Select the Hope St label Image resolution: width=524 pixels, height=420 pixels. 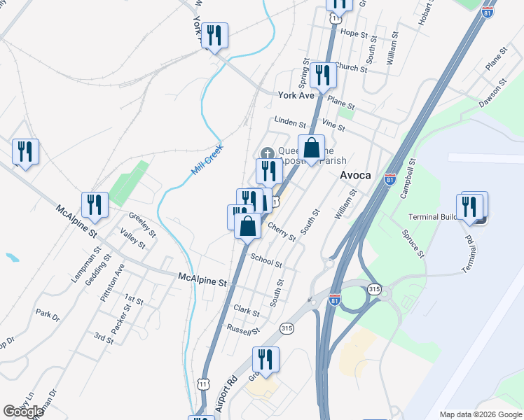pyautogui.click(x=354, y=33)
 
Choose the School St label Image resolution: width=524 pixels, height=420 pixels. pyautogui.click(x=266, y=260)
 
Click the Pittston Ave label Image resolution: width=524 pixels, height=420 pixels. pyautogui.click(x=112, y=282)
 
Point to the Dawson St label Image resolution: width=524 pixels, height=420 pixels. pyautogui.click(x=492, y=96)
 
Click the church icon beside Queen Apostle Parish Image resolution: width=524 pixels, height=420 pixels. pyautogui.click(x=267, y=153)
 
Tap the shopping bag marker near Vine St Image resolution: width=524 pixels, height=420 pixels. pyautogui.click(x=312, y=148)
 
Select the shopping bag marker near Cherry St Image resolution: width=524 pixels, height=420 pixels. pyautogui.click(x=247, y=226)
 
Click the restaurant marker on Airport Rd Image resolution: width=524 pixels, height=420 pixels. pyautogui.click(x=266, y=360)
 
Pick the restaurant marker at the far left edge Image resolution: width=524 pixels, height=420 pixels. pyautogui.click(x=25, y=151)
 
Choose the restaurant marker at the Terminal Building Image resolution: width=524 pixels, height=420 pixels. pyautogui.click(x=469, y=206)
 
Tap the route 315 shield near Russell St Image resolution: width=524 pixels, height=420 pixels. pyautogui.click(x=286, y=328)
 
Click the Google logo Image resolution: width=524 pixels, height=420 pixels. pyautogui.click(x=24, y=412)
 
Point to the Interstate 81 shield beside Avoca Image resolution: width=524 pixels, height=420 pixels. pyautogui.click(x=390, y=179)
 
